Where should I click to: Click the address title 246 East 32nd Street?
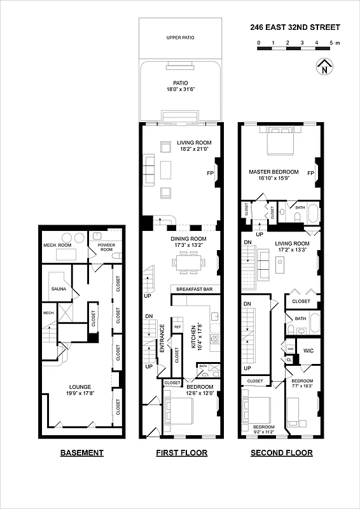click(x=295, y=27)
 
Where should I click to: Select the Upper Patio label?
click(x=180, y=38)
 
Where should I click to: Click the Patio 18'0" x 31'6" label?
click(x=180, y=86)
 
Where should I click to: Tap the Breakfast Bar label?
click(x=191, y=289)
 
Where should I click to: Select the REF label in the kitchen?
click(x=177, y=327)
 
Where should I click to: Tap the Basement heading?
click(x=81, y=453)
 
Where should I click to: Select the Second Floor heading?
click(x=281, y=453)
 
